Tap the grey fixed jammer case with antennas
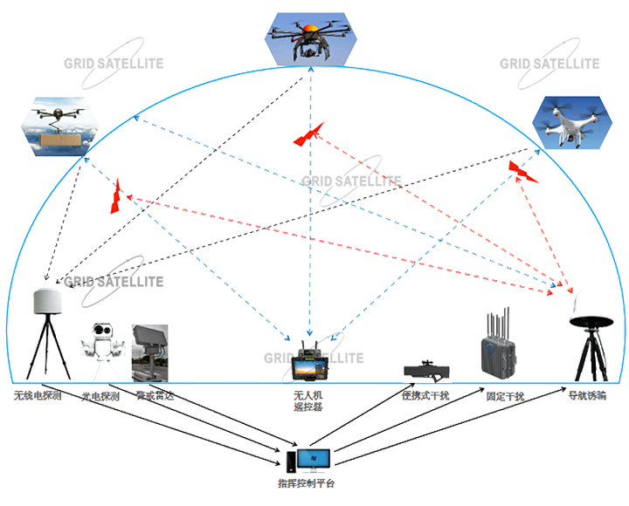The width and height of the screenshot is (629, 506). (x=498, y=355)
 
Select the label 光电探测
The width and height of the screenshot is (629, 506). (x=101, y=395)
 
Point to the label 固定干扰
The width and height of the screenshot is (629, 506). (x=505, y=396)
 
